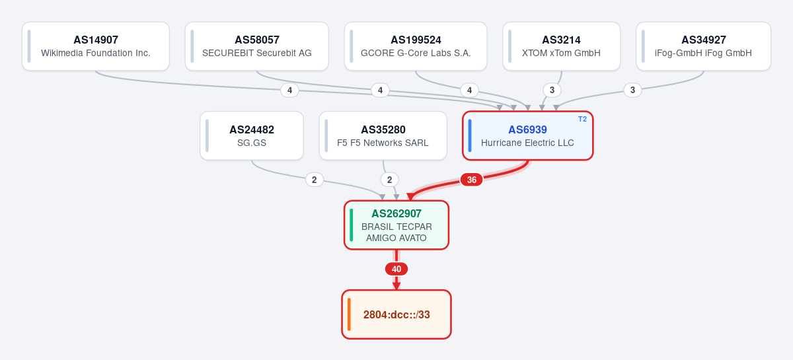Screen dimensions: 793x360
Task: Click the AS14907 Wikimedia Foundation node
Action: (96, 46)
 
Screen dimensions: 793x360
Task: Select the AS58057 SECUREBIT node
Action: (256, 46)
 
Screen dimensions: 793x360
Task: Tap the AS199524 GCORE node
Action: (416, 46)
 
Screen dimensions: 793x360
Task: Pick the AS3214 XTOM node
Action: (562, 46)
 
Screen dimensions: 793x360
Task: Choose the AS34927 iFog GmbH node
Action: (703, 46)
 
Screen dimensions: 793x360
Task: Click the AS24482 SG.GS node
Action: (252, 136)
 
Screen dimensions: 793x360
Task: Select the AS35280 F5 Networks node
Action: (383, 136)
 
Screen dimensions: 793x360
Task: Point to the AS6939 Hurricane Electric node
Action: (527, 136)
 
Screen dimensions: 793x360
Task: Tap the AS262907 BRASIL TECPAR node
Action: (397, 225)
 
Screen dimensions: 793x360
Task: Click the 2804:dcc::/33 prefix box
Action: (397, 314)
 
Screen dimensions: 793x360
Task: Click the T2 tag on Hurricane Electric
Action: (582, 120)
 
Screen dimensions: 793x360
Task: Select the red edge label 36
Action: (472, 180)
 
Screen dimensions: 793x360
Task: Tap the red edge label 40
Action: (397, 269)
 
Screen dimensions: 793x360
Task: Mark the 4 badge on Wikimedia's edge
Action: (289, 90)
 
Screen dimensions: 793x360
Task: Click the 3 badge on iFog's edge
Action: (632, 90)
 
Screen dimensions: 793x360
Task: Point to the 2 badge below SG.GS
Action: (315, 180)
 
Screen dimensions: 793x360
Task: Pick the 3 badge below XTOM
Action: (552, 90)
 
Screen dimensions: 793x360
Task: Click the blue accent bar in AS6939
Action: (470, 136)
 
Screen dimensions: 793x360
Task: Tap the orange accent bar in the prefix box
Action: (349, 314)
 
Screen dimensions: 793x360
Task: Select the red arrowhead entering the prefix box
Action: (397, 286)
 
